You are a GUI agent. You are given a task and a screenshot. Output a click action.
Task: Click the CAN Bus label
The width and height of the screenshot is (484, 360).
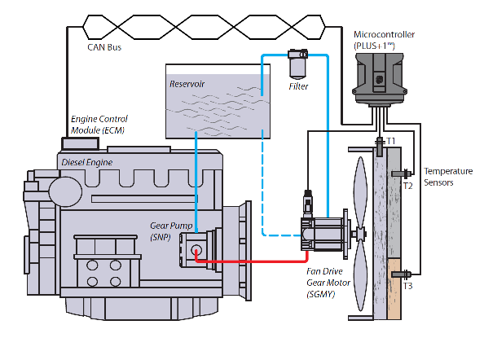point(104,47)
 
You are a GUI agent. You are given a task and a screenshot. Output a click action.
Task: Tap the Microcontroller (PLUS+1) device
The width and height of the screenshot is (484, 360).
point(380,80)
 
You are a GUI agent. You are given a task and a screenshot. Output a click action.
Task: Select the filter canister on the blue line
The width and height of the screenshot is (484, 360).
point(298,64)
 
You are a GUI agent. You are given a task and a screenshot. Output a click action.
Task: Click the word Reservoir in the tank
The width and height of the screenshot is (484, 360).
point(187,84)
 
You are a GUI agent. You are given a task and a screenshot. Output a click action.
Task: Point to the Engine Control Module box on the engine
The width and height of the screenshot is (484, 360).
point(80,143)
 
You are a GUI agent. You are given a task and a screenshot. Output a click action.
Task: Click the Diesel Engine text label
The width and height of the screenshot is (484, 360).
point(86,162)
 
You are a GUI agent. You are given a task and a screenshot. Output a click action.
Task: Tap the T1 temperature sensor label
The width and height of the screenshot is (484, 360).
point(391,141)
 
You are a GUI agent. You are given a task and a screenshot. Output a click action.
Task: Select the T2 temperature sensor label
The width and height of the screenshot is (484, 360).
point(407,186)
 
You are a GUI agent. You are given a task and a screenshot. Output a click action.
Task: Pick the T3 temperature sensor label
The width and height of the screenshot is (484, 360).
point(407,286)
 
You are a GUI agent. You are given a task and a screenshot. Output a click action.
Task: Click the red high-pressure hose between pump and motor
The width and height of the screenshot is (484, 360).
point(252,261)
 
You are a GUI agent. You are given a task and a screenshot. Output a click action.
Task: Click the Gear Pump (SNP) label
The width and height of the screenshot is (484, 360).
point(171,231)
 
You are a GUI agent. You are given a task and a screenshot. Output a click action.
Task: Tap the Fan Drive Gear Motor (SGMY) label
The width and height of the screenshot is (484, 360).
point(328,283)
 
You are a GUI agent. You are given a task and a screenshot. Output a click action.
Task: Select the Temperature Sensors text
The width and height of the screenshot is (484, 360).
point(448,177)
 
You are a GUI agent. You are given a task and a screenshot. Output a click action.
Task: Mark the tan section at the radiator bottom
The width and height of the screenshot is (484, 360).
point(394,289)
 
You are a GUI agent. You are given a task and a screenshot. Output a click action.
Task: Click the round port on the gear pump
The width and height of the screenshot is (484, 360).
point(196,250)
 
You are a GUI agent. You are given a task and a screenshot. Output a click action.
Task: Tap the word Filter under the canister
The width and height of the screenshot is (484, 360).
point(298,86)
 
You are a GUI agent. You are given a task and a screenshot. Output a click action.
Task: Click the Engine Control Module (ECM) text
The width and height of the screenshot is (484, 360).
point(99,125)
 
